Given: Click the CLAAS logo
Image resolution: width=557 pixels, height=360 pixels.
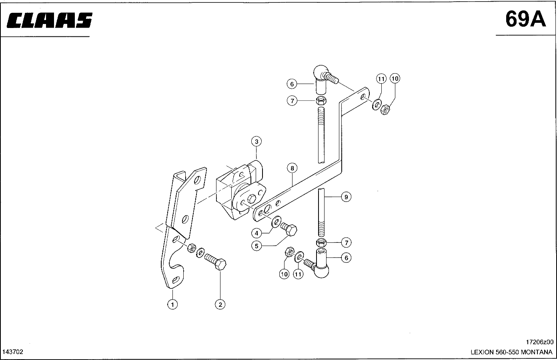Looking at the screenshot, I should click(x=50, y=21).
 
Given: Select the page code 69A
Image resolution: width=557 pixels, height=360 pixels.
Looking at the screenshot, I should click(x=525, y=18).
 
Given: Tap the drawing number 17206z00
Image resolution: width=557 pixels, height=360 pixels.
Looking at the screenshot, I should click(x=539, y=342).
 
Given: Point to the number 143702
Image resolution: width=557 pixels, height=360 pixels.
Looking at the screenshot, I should click(x=13, y=352).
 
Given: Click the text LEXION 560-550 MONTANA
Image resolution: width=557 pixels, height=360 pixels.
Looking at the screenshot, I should click(x=512, y=352).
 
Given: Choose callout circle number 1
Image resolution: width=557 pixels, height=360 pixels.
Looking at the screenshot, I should click(x=172, y=304).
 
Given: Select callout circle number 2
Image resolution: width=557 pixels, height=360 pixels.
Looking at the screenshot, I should click(x=220, y=304).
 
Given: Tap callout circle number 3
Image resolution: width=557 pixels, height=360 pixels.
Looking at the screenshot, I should click(x=256, y=141).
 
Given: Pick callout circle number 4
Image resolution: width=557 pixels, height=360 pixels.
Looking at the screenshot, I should click(x=256, y=233).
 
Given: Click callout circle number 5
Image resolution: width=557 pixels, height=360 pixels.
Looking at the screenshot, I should click(x=256, y=245).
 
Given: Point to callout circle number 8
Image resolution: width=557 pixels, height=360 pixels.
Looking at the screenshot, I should click(x=293, y=168).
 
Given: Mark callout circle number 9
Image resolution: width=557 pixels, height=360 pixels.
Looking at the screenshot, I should click(x=347, y=197).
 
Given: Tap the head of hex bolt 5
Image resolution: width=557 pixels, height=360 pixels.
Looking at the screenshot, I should click(x=292, y=230).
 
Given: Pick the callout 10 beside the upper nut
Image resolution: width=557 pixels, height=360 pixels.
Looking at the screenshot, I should click(x=395, y=78).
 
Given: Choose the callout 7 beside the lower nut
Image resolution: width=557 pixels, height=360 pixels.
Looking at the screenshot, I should click(x=347, y=242).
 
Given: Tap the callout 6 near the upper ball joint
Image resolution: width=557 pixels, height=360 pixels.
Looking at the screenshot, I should click(x=292, y=84).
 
